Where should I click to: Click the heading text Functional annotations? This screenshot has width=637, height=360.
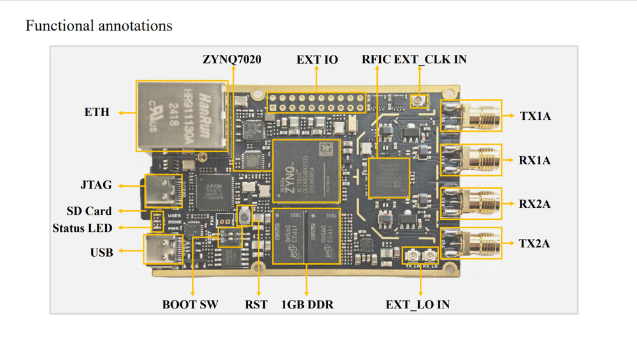point(99,26)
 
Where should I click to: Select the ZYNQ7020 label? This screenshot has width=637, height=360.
point(233,60)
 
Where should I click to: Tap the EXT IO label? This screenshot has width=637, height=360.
point(317,60)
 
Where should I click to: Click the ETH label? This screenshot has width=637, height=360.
point(97,112)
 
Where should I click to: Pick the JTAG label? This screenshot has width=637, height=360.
point(97,185)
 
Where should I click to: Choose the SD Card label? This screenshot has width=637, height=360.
point(89,211)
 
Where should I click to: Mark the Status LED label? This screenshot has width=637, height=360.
point(82,227)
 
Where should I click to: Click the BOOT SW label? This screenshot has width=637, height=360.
point(190,305)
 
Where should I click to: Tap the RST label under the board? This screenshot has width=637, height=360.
point(257,305)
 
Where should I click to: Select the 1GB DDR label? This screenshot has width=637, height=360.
point(307,305)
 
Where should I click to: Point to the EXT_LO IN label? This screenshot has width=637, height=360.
point(417,305)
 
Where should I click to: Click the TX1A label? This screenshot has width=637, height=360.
point(535,116)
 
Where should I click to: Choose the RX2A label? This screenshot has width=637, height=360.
point(535,204)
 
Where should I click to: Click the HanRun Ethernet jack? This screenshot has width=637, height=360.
point(182,115)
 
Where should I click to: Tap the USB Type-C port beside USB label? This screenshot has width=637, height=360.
point(160,250)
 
